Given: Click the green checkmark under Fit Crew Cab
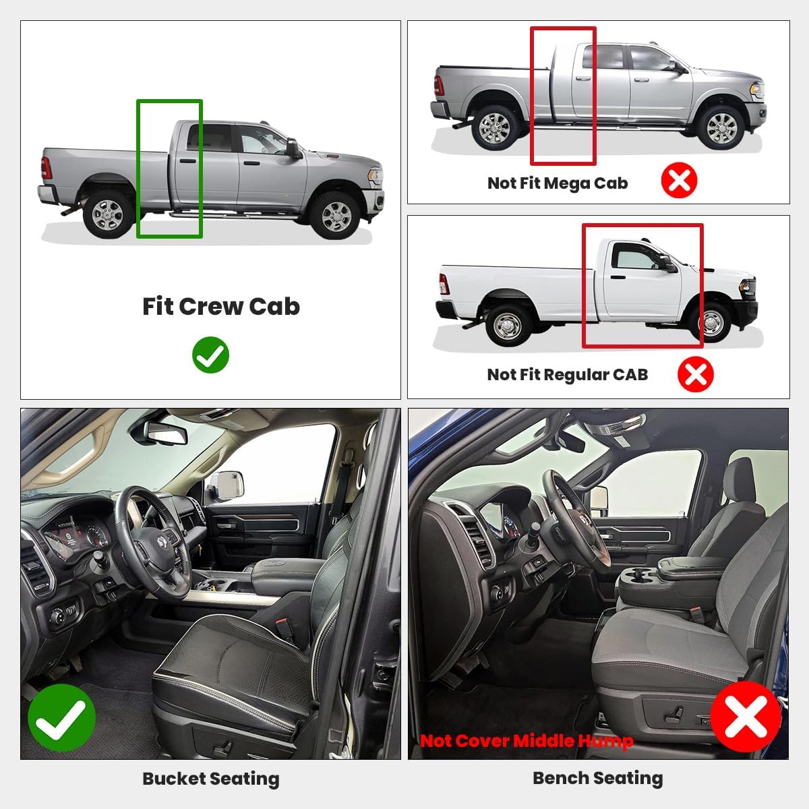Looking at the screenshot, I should point(210,355).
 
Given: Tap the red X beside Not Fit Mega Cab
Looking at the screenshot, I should point(679,181).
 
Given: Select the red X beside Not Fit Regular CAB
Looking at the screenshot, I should point(695,374).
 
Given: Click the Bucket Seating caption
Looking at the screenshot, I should point(210,779).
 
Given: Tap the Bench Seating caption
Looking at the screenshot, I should point(597,778).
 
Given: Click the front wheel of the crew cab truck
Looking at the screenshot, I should point(336,215).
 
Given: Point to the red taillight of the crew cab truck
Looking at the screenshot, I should point(46,168).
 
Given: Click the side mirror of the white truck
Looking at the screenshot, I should point(669,264).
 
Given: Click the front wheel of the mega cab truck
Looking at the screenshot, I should point(721,126).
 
